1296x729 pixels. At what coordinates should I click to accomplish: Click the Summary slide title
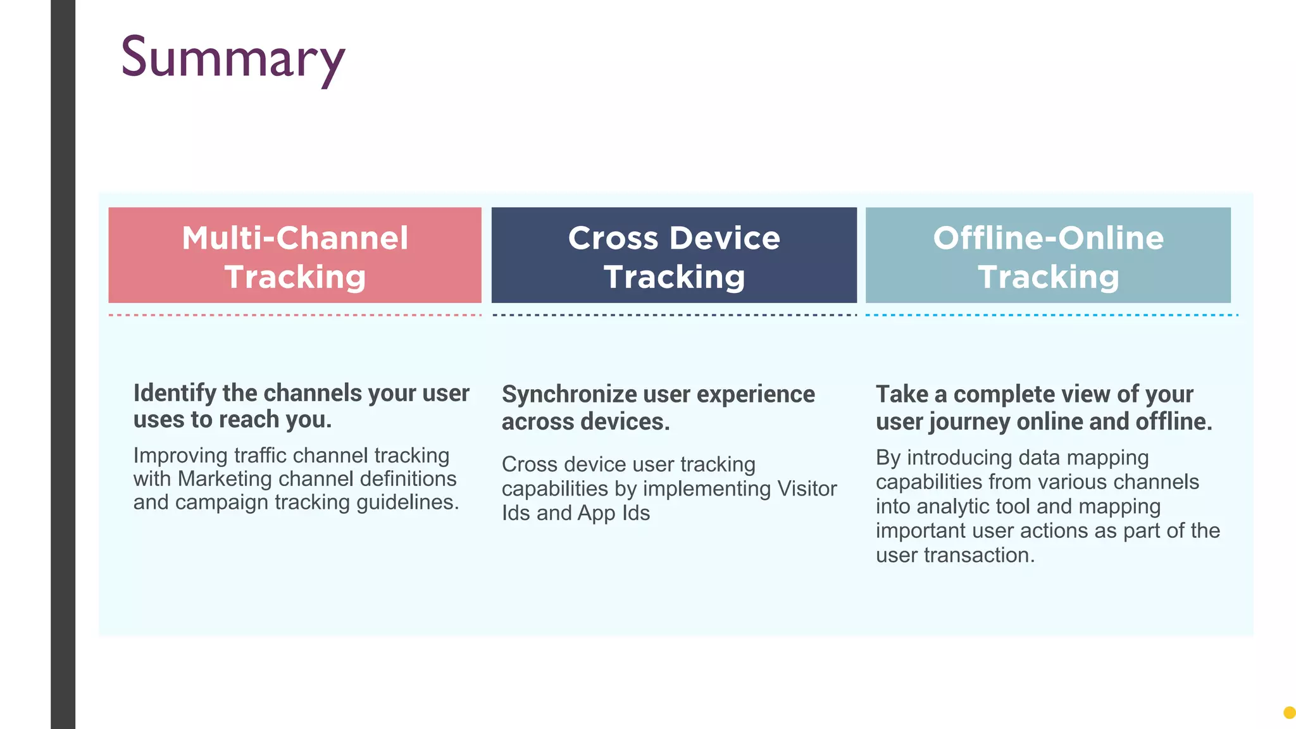[x=232, y=58]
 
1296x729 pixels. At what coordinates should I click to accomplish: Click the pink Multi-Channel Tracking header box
[x=295, y=255]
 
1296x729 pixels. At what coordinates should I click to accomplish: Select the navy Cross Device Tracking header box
[x=674, y=255]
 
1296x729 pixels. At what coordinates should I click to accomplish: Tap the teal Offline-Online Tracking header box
[x=1048, y=255]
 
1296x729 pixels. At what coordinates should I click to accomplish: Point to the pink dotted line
[x=295, y=315]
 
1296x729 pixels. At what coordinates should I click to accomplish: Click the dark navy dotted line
[x=674, y=315]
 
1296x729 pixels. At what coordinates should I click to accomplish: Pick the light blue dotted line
[x=1050, y=315]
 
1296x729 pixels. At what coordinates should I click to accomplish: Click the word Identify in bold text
[x=175, y=394]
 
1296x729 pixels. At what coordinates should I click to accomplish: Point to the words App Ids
[x=613, y=513]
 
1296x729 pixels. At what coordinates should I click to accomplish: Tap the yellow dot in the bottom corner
[x=1289, y=713]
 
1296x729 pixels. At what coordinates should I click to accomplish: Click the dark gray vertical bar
[x=63, y=364]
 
